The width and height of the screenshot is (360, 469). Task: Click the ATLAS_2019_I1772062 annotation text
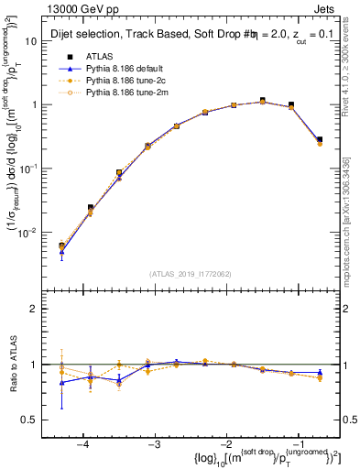click(x=191, y=273)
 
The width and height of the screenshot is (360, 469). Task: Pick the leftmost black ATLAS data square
click(x=61, y=245)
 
